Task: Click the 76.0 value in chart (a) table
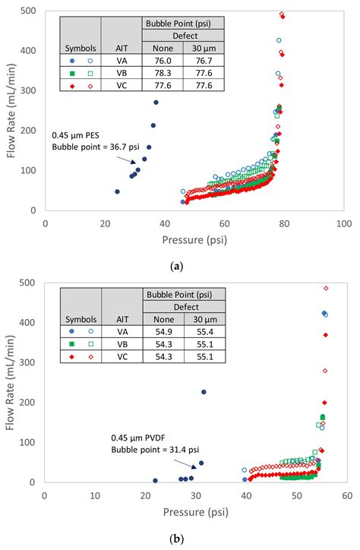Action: pyautogui.click(x=160, y=59)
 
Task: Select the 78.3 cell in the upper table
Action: pyautogui.click(x=160, y=73)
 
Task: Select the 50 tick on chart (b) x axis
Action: pyautogui.click(x=296, y=495)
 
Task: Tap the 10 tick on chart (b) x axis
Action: pyautogui.click(x=95, y=495)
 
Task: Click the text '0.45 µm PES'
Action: pyautogui.click(x=76, y=134)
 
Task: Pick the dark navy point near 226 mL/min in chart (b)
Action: pyautogui.click(x=204, y=392)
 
